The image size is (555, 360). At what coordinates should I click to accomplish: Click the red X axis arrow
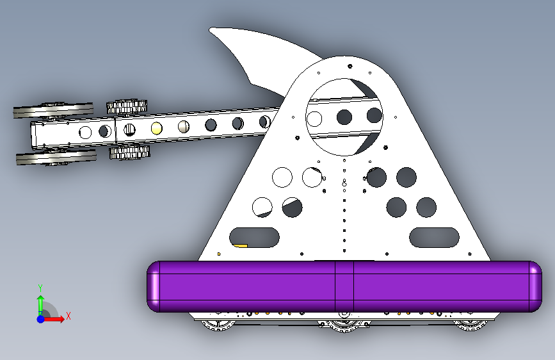56,318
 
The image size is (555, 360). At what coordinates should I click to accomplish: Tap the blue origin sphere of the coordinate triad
40,318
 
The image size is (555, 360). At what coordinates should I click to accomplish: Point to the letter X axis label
68,316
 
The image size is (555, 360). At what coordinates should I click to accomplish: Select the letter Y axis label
40,288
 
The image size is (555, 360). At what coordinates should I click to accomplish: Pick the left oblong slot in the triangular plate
254,237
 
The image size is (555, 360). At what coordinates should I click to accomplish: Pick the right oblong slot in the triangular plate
435,237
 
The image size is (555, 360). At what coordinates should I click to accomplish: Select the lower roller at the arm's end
56,158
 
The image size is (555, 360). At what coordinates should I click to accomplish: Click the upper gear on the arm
127,106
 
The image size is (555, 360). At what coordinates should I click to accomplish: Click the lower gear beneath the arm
129,153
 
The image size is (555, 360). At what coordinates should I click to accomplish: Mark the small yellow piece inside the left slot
240,245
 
